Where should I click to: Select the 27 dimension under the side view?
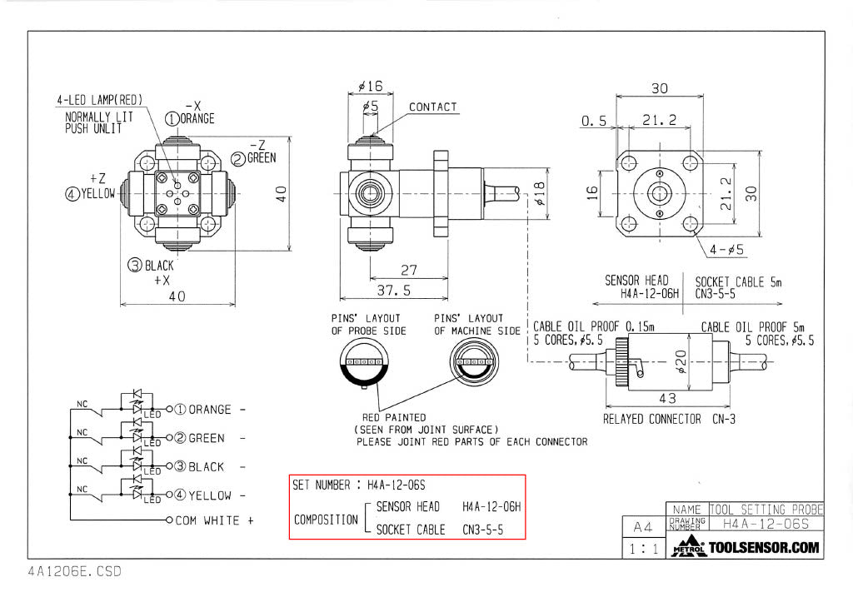408,271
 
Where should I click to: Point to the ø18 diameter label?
540,193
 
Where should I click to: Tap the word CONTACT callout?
432,107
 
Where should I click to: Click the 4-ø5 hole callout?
726,249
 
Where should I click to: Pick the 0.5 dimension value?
594,121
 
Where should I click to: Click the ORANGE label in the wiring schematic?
209,410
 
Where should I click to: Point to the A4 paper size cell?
642,526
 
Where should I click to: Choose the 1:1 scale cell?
642,549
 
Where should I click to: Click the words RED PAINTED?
394,417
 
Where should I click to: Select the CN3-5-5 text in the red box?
483,530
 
